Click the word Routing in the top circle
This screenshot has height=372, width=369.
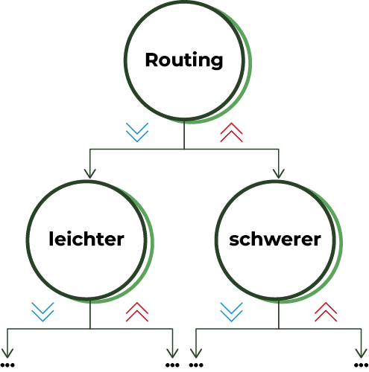(184, 60)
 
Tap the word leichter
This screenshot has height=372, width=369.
(86, 239)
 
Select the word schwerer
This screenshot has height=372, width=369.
(275, 240)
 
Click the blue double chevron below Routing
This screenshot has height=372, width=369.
(137, 132)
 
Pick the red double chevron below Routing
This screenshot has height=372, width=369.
(231, 132)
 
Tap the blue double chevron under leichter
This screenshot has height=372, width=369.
(42, 312)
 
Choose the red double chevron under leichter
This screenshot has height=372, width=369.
(137, 312)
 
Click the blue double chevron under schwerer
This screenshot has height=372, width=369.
(231, 312)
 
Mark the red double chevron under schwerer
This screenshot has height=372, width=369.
(326, 312)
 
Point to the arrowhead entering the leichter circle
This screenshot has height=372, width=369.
(89, 173)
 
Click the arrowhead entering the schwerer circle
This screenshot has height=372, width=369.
(279, 173)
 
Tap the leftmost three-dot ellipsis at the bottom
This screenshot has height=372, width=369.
(7, 365)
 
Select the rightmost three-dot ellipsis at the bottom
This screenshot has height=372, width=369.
(361, 365)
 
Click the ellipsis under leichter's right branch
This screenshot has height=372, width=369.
(172, 365)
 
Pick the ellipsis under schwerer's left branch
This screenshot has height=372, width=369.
(196, 365)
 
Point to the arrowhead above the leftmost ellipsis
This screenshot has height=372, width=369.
(7, 353)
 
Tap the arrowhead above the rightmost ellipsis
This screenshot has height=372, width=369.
(361, 353)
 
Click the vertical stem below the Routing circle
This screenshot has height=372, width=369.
(184, 135)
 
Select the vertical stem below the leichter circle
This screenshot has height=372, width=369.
(90, 315)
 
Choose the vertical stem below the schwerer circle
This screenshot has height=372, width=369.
(279, 315)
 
